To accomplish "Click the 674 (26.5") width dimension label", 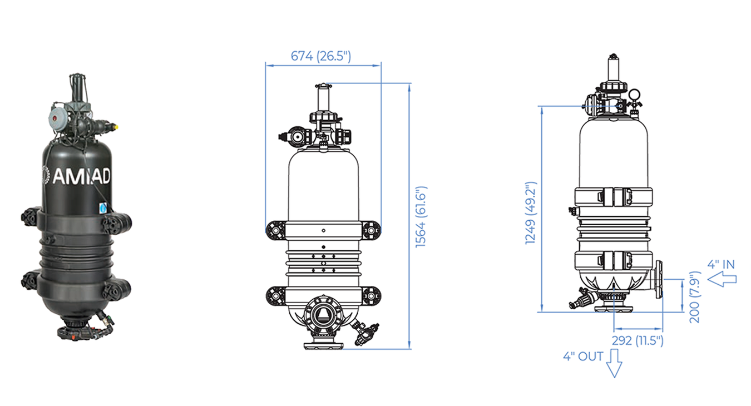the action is click(x=321, y=56).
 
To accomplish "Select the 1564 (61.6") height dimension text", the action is click(x=421, y=217).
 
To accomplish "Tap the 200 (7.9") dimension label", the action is click(x=694, y=297).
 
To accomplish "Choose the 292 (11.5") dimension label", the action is click(x=638, y=340).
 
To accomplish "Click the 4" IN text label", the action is click(x=721, y=265).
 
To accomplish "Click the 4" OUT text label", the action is click(x=583, y=357).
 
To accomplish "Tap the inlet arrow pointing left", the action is click(x=722, y=279).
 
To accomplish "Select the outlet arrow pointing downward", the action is click(x=614, y=363).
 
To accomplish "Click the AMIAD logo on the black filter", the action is click(x=77, y=175).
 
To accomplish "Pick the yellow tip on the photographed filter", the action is click(x=116, y=127).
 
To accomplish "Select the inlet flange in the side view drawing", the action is click(x=659, y=279).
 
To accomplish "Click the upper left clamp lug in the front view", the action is click(x=275, y=230).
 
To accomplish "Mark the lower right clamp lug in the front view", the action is click(x=371, y=296).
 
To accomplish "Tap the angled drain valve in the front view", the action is click(x=364, y=331).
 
